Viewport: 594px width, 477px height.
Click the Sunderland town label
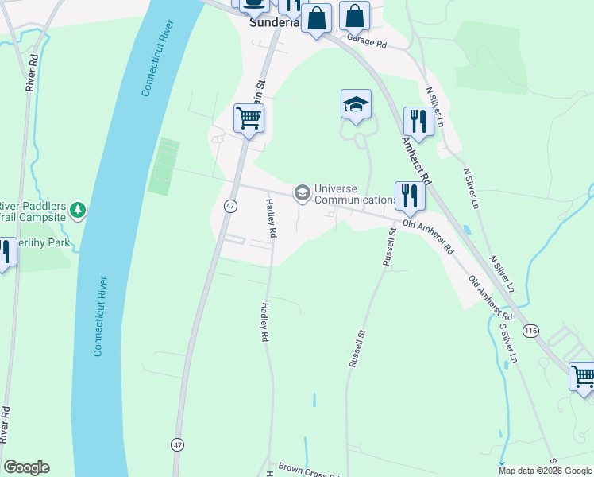(x=274, y=22)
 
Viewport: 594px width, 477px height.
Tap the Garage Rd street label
(x=364, y=41)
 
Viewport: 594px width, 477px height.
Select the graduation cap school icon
(x=356, y=103)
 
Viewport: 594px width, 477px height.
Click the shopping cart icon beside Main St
(x=249, y=118)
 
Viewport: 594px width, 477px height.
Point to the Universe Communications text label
(x=355, y=194)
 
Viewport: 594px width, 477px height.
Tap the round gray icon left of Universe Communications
(x=302, y=192)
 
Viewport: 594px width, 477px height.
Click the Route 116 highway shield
(x=530, y=329)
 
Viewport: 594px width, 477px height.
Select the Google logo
(x=26, y=467)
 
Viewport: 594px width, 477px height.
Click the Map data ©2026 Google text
(x=545, y=471)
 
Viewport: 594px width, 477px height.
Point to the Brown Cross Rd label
(x=307, y=471)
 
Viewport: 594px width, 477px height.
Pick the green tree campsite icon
(x=77, y=210)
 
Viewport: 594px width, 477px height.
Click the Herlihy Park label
(x=44, y=242)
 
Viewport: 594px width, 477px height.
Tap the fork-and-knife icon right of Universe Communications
(x=409, y=195)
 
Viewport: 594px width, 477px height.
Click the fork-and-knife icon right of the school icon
(x=418, y=121)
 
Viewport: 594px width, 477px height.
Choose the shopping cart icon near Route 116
(x=582, y=375)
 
